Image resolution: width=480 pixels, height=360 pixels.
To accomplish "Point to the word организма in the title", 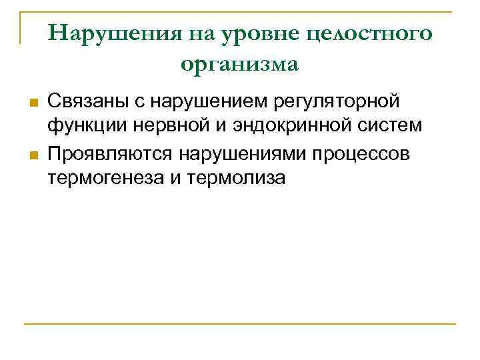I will [x=239, y=64].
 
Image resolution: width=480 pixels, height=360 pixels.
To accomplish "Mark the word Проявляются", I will [x=107, y=154].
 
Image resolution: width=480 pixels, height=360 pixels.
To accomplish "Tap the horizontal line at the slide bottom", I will [x=240, y=324].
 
